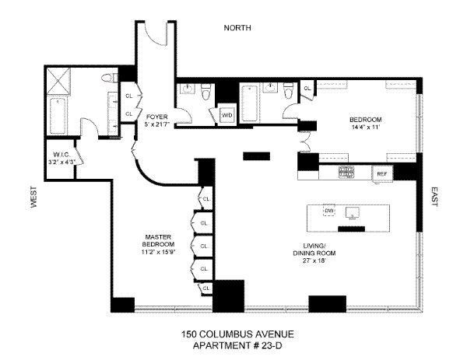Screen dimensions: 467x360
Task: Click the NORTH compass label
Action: click(237, 28)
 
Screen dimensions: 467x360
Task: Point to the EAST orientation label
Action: click(435, 200)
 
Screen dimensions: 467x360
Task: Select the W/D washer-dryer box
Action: click(227, 115)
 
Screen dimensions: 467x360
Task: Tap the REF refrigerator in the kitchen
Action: click(382, 173)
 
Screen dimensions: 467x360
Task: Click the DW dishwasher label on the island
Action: click(328, 211)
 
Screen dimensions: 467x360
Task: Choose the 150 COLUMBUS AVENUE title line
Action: click(233, 335)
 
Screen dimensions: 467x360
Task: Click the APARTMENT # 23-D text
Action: click(233, 346)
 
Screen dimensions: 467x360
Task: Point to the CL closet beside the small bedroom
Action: click(307, 89)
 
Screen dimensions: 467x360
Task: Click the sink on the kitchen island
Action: click(354, 211)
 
